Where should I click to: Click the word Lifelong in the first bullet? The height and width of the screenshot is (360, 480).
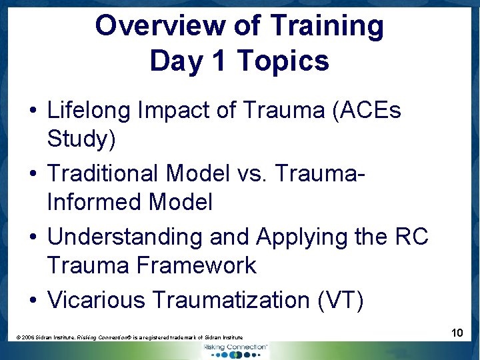(89, 111)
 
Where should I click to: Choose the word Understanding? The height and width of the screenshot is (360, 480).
(125, 237)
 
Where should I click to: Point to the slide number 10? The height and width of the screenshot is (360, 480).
(457, 332)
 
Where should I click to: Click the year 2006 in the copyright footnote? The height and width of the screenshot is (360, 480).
(29, 338)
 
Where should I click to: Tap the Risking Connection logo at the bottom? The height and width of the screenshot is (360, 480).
(235, 350)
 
